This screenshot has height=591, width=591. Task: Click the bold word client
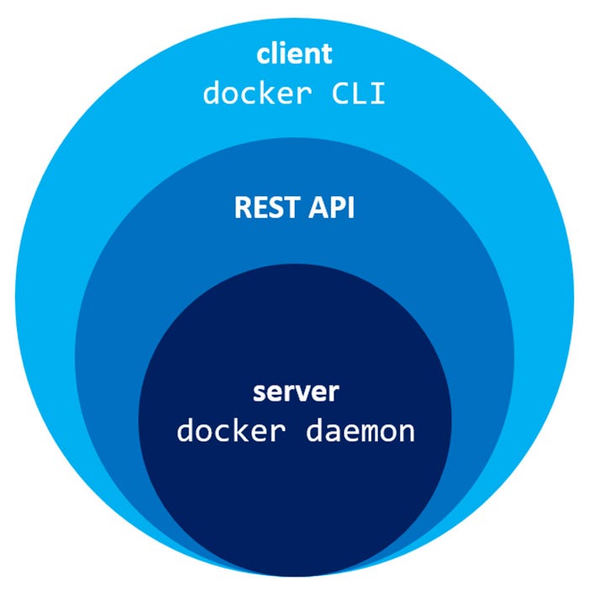(295, 55)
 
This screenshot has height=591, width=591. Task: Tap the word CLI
(359, 93)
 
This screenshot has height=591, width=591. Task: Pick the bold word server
(295, 392)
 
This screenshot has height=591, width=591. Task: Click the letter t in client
(327, 55)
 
